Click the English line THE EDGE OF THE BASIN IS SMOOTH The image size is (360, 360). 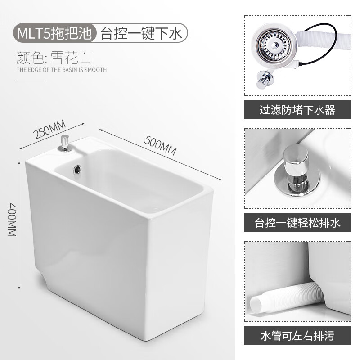(x=62, y=70)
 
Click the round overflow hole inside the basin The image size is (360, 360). (x=78, y=170)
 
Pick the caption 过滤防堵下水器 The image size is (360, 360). (x=297, y=110)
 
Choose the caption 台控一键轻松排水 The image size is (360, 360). (x=297, y=223)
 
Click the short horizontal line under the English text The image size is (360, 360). (x=31, y=81)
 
